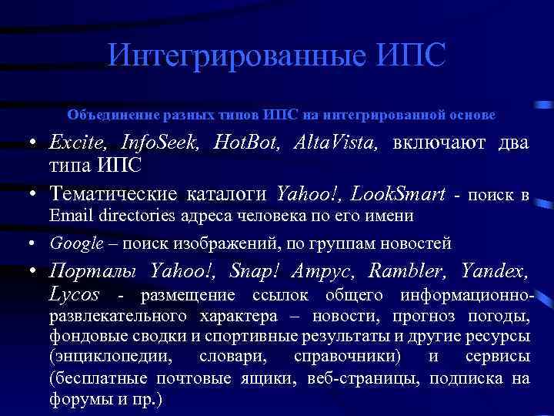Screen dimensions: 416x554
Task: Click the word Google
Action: point(76,244)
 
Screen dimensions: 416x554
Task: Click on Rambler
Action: point(406,270)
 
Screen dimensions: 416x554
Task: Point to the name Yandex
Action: point(495,270)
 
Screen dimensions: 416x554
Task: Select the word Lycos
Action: point(74,296)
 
